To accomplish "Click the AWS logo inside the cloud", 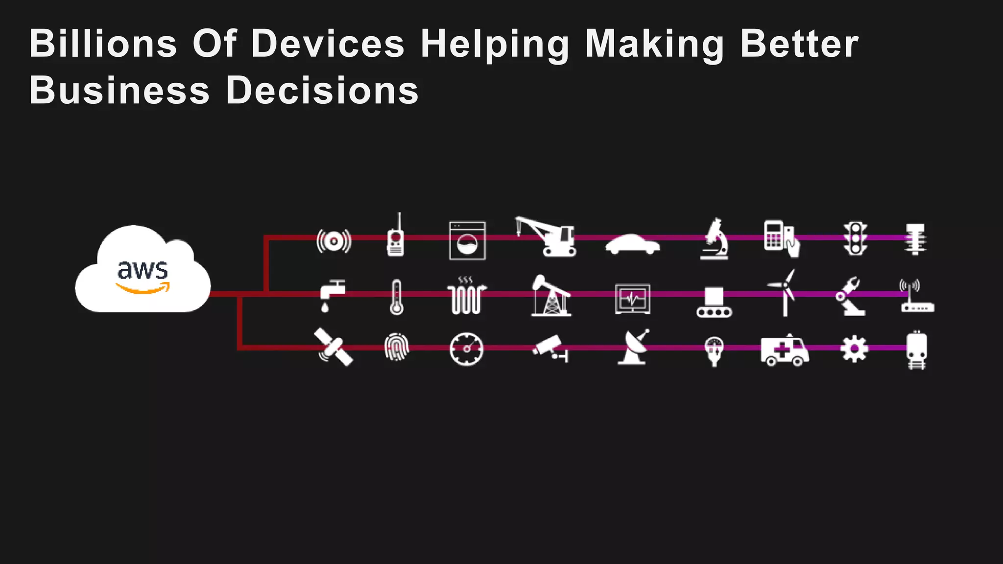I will (x=143, y=277).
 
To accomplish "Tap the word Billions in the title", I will (x=103, y=44).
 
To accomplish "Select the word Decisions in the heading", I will (x=322, y=91).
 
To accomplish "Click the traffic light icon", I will (x=855, y=238).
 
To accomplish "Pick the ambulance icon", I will (x=784, y=350).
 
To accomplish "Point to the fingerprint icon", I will (x=396, y=348).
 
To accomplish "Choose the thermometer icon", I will (x=396, y=297).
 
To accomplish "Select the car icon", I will (x=632, y=244).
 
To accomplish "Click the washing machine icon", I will (x=467, y=240).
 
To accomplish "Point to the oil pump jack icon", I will (x=551, y=296).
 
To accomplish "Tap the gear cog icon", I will (x=854, y=349).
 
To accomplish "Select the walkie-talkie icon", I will (x=396, y=237).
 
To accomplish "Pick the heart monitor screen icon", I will (x=632, y=299).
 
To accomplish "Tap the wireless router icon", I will (x=916, y=297).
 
